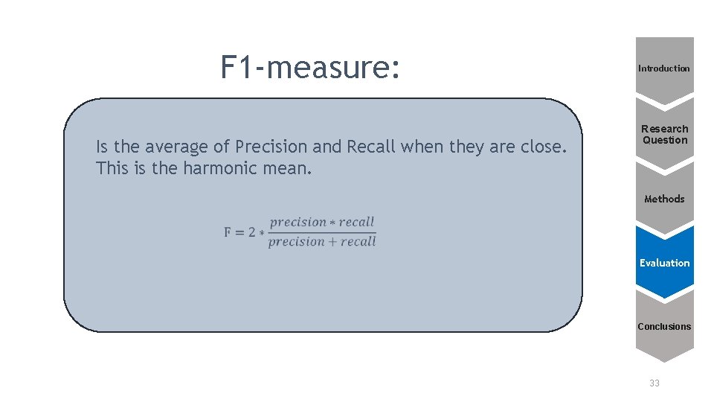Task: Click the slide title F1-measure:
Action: coord(311,68)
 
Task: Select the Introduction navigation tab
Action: coord(664,68)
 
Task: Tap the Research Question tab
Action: coord(665,135)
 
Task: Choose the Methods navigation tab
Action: coord(664,199)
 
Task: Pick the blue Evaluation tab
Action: coord(664,263)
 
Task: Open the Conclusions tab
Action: coord(664,326)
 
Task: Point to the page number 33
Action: coord(654,383)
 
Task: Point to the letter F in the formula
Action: coord(228,232)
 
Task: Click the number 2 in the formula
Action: coord(251,232)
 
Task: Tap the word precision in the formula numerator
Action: coord(298,222)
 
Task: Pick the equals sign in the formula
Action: coord(239,232)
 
